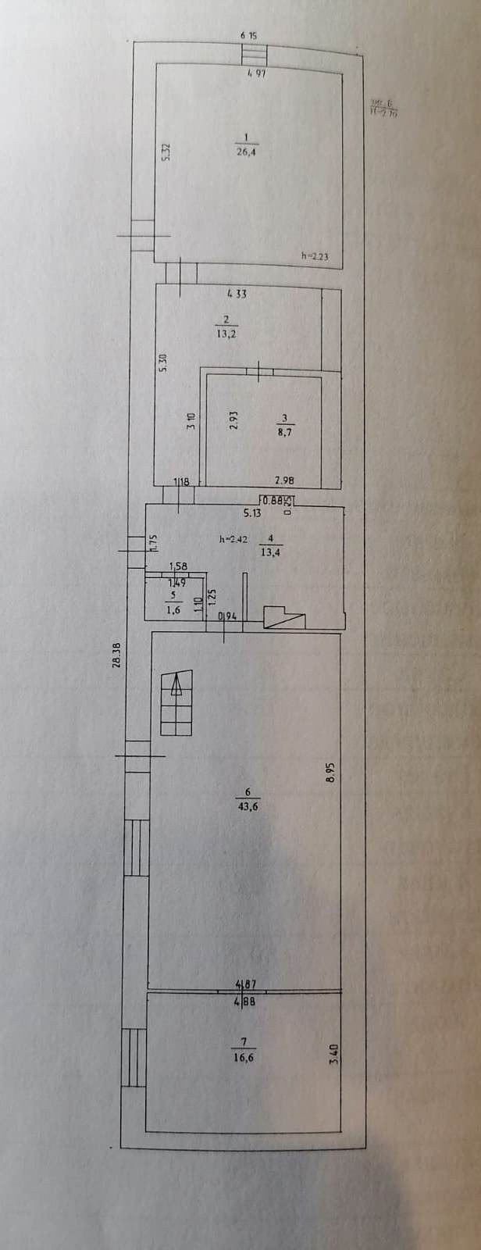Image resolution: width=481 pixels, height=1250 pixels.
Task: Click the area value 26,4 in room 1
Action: point(247,153)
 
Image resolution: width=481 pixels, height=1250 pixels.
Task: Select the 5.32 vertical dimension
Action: point(166,152)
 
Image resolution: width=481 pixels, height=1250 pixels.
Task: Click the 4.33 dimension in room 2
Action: point(236,294)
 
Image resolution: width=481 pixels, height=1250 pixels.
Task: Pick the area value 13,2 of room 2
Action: point(226,331)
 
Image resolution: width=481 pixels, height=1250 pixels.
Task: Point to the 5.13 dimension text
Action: point(251,513)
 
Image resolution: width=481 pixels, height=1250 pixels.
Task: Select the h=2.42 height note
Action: point(233,538)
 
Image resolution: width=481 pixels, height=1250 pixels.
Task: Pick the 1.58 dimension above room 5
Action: point(177,566)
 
